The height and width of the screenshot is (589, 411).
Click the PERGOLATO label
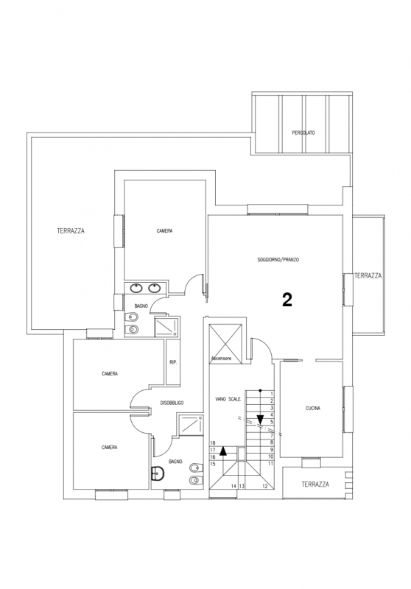tap(303, 133)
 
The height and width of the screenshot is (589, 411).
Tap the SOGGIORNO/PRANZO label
tap(278, 260)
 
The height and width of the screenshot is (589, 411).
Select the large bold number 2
tap(287, 300)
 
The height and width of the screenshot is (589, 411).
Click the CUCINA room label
tap(312, 409)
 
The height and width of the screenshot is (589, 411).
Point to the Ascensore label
tap(221, 359)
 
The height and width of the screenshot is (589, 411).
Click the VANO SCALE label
tap(228, 399)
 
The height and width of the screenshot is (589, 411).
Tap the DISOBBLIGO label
tap(172, 403)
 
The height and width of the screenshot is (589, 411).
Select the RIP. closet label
tap(173, 362)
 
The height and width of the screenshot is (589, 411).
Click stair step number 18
tap(213, 443)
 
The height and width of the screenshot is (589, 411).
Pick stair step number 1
tap(272, 393)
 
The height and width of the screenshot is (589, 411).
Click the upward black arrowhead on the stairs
tap(223, 451)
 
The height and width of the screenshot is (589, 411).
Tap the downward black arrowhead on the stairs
tap(260, 420)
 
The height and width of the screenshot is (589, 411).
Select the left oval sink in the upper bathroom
tap(136, 288)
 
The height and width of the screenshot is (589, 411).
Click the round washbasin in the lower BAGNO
tap(158, 473)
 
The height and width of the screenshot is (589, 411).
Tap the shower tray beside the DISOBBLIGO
tap(192, 425)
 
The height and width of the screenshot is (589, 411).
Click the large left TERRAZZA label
tap(71, 230)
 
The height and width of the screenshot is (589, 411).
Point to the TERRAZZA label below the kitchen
tap(315, 484)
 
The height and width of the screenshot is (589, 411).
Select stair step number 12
tap(265, 486)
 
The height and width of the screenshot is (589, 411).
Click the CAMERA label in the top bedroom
tap(164, 231)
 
